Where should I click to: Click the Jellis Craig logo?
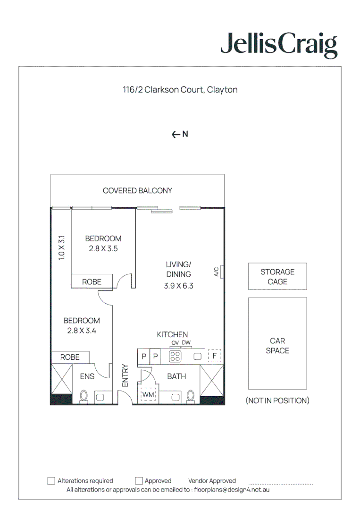click(279, 45)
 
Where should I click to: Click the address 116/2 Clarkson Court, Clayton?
click(180, 90)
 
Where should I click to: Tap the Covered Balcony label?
click(137, 191)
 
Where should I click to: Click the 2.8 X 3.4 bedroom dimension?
click(82, 331)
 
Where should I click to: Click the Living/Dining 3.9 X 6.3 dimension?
click(178, 286)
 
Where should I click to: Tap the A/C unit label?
click(217, 272)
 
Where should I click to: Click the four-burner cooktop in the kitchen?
click(176, 357)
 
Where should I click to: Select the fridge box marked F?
click(214, 356)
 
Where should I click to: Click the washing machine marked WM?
click(148, 394)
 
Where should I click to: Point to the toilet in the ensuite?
click(84, 396)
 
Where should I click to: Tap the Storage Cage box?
click(277, 277)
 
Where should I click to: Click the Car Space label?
click(277, 346)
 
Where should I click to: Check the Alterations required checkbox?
click(51, 481)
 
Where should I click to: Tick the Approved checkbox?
click(139, 481)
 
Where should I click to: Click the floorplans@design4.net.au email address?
click(232, 490)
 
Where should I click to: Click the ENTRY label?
click(125, 375)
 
